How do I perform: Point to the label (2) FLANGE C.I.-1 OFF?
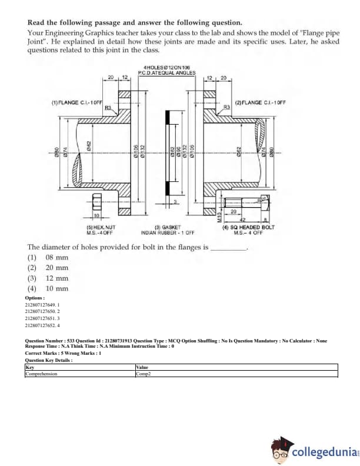click(x=260, y=102)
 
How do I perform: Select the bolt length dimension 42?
click(x=241, y=216)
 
